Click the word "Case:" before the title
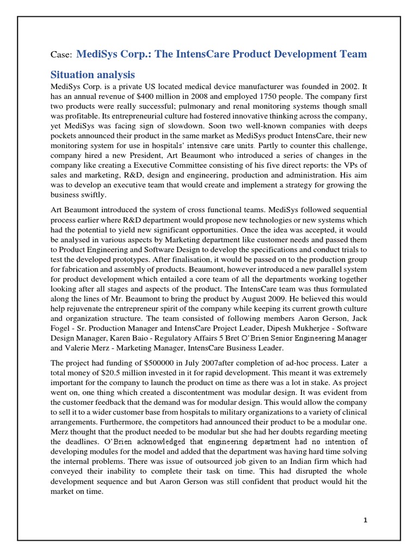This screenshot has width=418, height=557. click(x=60, y=55)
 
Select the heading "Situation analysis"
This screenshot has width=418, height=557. click(x=93, y=74)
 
